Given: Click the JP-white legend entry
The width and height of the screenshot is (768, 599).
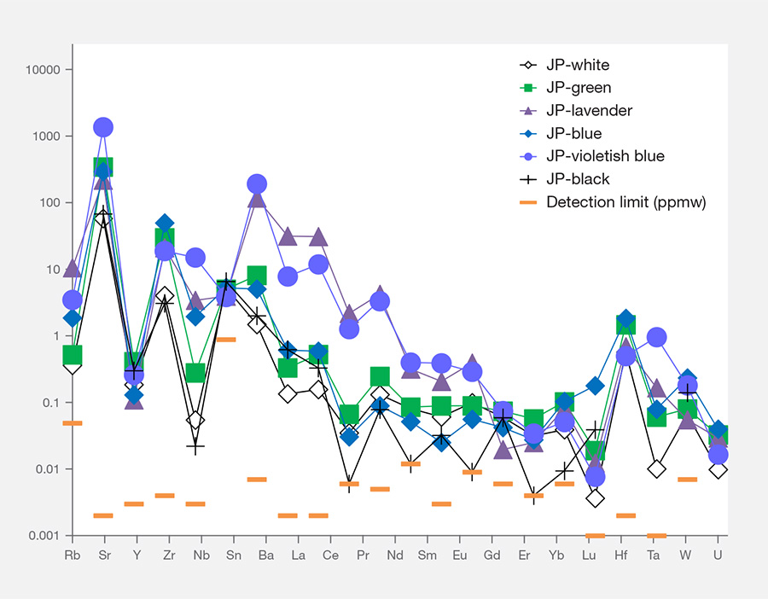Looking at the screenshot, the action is tap(564, 65).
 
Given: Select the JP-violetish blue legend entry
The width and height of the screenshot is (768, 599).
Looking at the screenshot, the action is tap(591, 156).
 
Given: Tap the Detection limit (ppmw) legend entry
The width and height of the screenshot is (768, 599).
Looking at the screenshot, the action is tap(613, 201).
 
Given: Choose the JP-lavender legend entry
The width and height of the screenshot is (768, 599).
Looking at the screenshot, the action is tap(575, 110).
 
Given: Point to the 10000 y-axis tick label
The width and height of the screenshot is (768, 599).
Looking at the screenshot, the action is tap(43, 70).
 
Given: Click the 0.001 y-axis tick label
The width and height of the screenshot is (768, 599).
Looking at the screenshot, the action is tap(44, 535).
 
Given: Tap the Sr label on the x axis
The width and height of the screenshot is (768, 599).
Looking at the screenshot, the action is tap(104, 555).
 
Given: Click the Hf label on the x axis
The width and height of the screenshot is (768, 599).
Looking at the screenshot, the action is tap(621, 555).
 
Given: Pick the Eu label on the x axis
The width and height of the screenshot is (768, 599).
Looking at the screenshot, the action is tap(459, 555).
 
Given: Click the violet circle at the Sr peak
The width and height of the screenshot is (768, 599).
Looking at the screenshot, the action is tap(103, 127).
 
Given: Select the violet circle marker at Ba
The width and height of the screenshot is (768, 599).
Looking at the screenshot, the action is tap(257, 184).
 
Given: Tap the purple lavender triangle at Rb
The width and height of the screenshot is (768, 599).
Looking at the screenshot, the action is tap(73, 268).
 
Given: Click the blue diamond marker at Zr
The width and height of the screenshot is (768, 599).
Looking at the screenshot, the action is tap(165, 224).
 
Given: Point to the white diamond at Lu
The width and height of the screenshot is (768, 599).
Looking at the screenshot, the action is tap(595, 498).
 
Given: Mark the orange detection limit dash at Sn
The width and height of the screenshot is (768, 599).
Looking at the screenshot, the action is tap(226, 340).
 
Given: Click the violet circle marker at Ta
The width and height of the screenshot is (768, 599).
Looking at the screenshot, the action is tap(656, 337).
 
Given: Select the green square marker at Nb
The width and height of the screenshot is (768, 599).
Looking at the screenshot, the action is tap(195, 373).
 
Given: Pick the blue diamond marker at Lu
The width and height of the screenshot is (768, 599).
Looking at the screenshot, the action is tap(595, 386).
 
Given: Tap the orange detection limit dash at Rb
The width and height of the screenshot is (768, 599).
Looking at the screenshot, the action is tap(73, 423).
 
